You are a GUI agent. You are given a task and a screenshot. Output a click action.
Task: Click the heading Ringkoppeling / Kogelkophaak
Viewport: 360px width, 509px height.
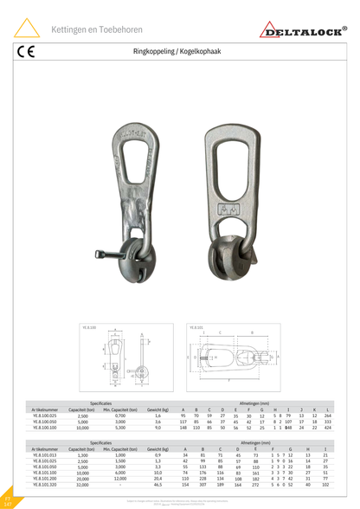tap(179, 52)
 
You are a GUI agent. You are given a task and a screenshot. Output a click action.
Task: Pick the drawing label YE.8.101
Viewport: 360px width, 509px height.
tap(196, 328)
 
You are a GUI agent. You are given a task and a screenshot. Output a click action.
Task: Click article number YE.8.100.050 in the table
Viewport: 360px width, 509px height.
tap(45, 422)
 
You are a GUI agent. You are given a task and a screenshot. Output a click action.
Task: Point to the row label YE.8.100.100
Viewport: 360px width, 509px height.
tap(45, 428)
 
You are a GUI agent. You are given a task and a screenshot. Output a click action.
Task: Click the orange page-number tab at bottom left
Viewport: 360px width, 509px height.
tap(7, 500)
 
